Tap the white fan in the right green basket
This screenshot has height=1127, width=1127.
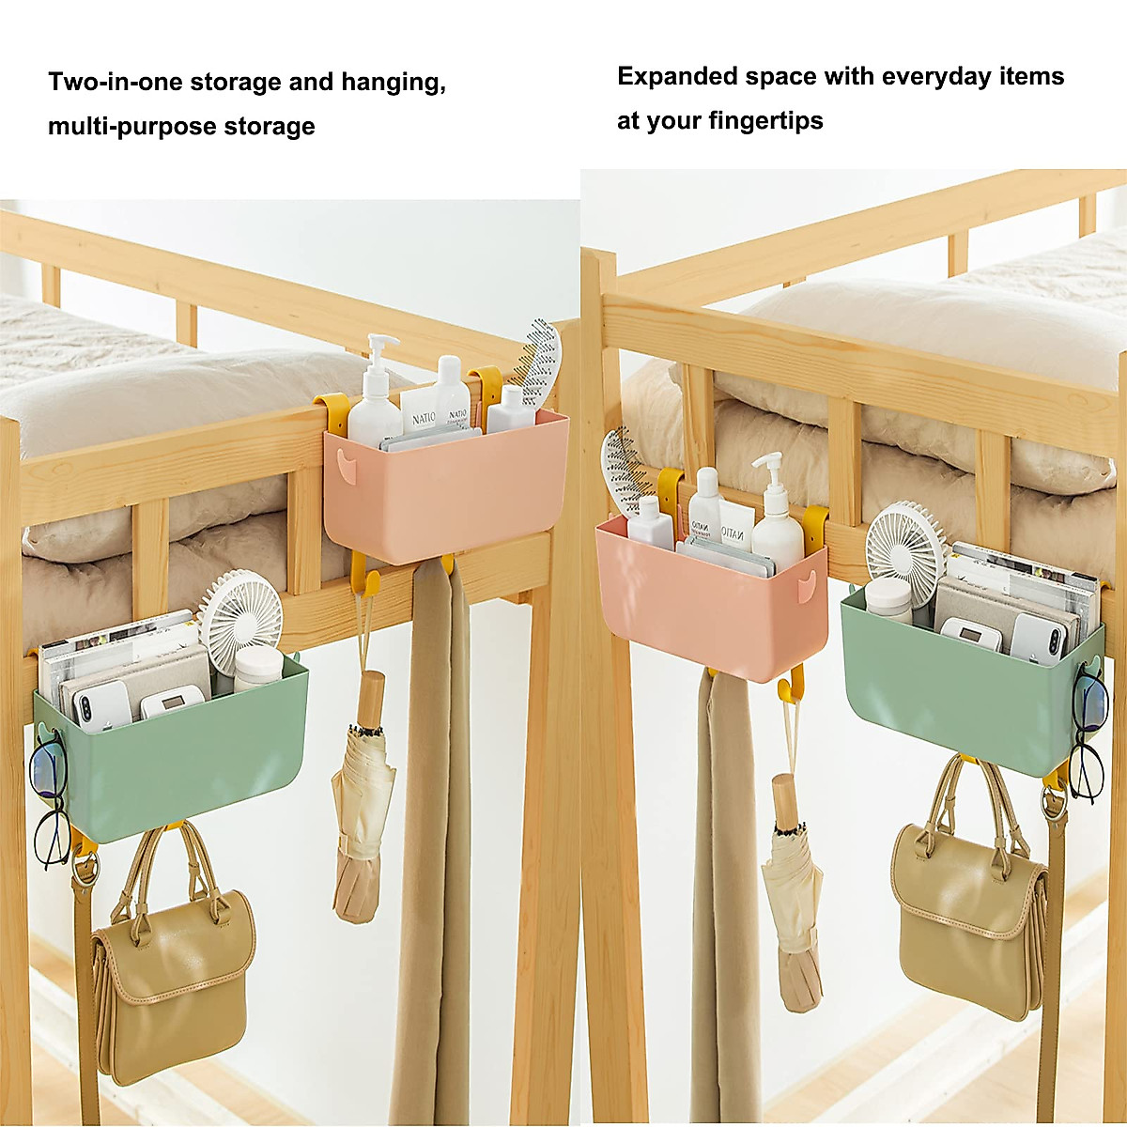(x=905, y=544)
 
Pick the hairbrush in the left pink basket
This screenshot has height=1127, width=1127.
(x=540, y=362)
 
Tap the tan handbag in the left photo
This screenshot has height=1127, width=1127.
(x=173, y=977)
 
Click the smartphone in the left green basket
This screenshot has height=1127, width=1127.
(x=101, y=704)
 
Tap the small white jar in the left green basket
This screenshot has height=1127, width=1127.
(x=257, y=668)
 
